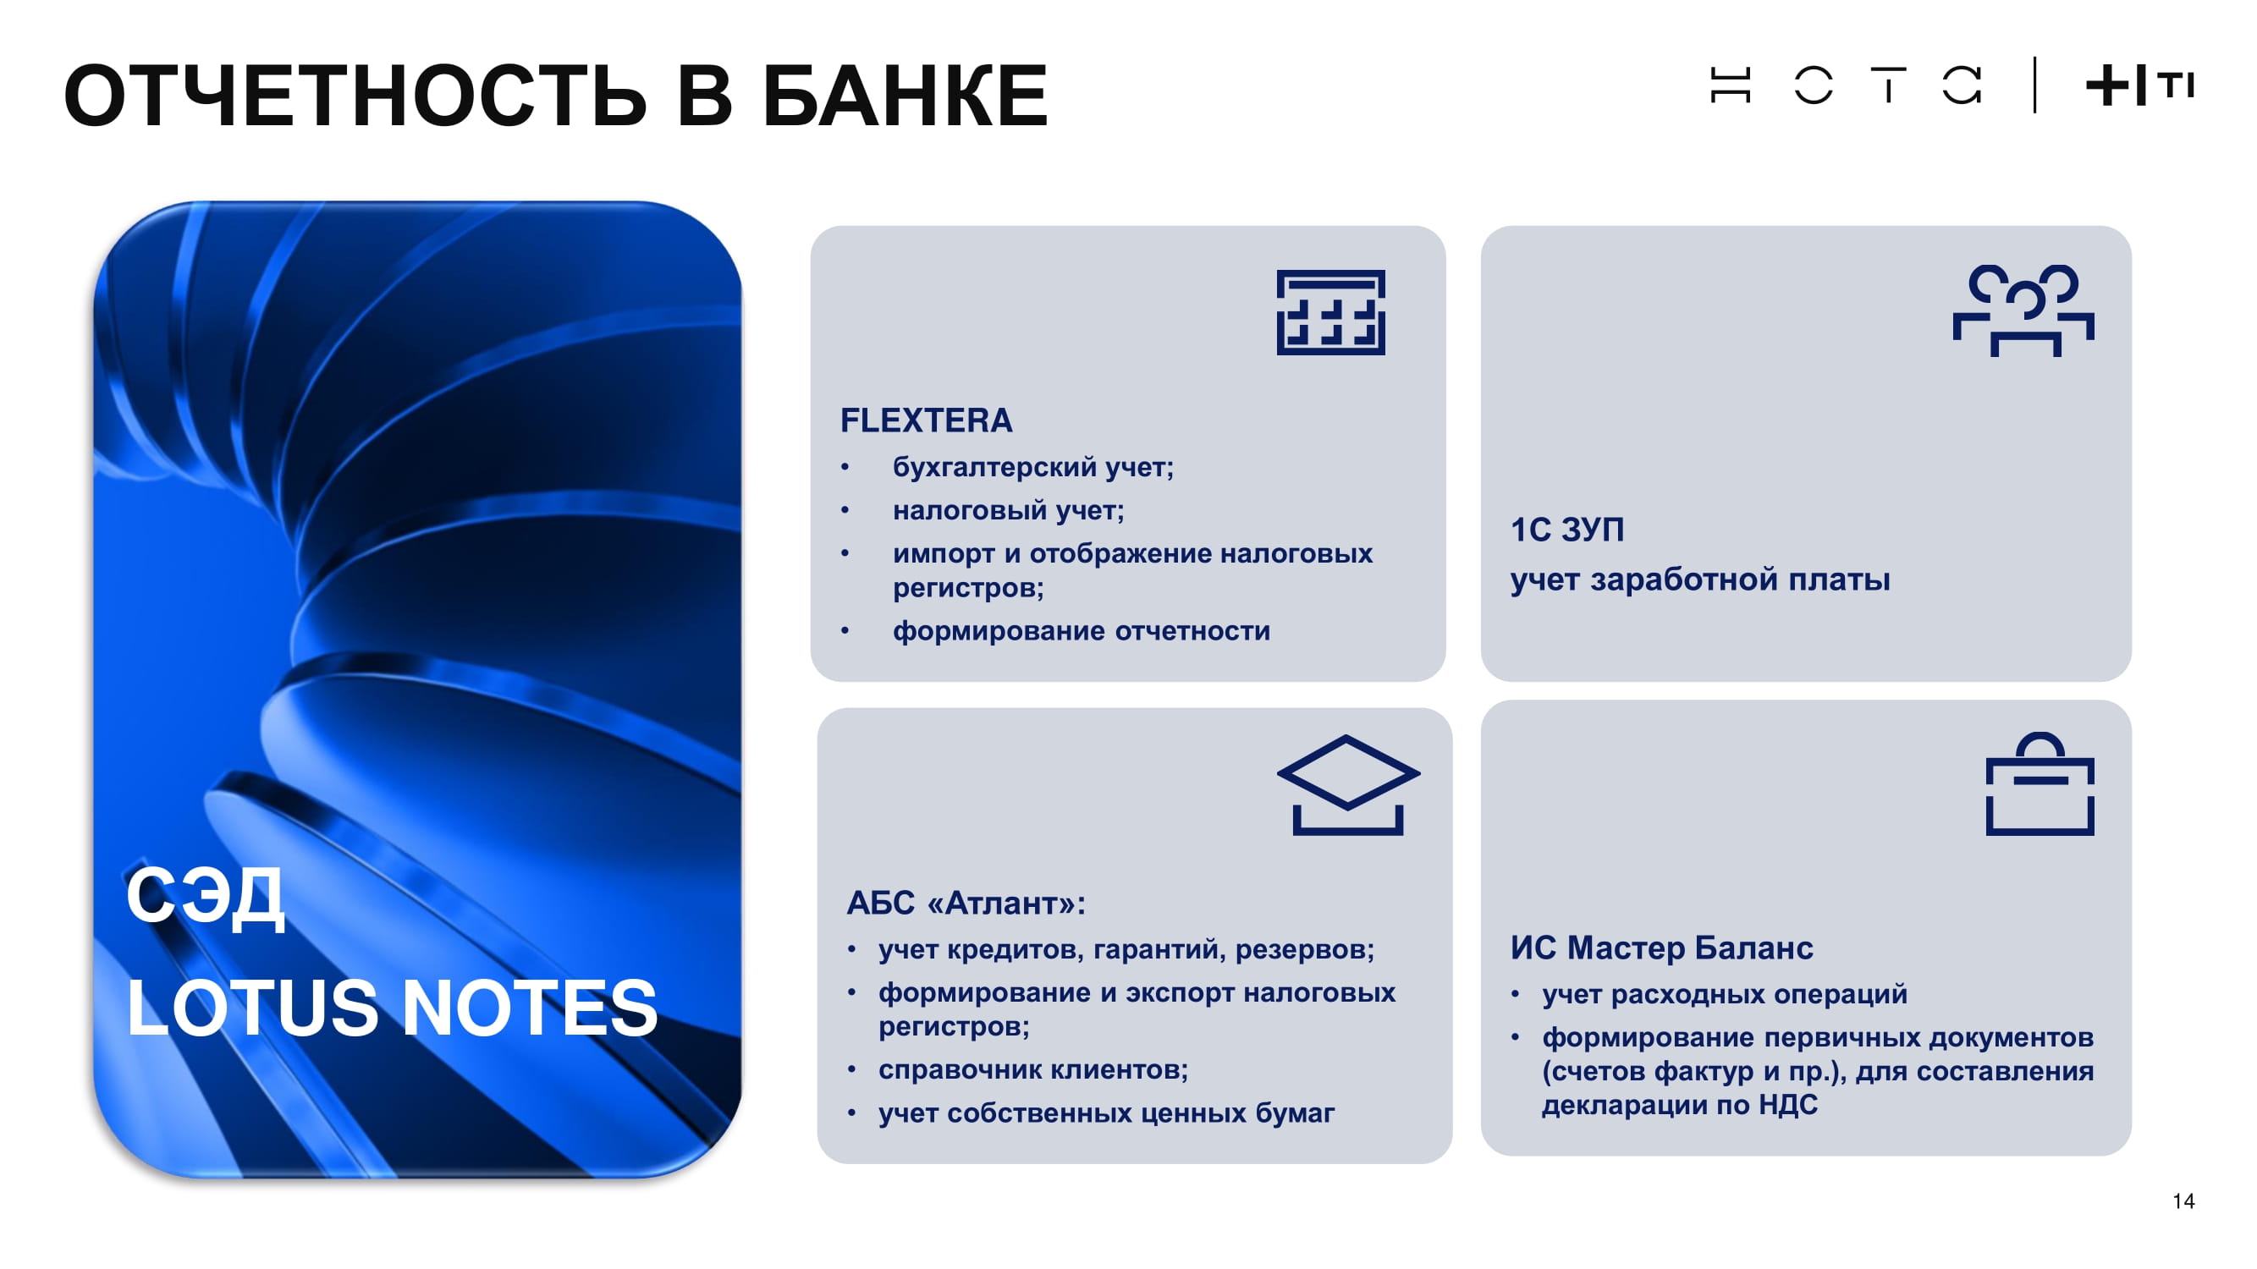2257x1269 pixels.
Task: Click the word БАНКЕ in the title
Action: click(904, 96)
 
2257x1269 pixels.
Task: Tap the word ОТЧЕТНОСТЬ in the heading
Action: click(355, 96)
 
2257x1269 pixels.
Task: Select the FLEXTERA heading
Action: click(926, 420)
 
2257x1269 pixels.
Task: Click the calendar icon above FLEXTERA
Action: click(1330, 313)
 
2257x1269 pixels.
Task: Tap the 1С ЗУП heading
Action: click(1566, 530)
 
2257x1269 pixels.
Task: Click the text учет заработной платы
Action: click(1700, 580)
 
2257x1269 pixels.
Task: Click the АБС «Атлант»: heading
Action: click(966, 903)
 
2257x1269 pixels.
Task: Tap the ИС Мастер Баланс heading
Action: click(1661, 948)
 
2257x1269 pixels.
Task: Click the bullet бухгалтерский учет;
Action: click(1033, 468)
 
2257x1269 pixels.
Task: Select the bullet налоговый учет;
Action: click(1009, 511)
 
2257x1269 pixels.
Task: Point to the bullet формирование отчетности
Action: click(1082, 630)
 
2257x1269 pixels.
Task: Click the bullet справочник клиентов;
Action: click(1033, 1069)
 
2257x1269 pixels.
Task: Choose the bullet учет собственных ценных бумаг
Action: click(1107, 1113)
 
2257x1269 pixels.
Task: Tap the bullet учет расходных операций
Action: click(1725, 994)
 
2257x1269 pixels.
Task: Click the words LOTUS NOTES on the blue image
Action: click(392, 1008)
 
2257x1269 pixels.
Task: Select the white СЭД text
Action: click(205, 897)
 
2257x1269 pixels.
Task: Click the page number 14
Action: click(2183, 1200)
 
